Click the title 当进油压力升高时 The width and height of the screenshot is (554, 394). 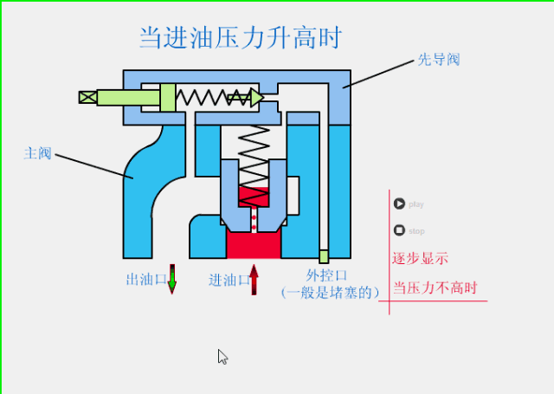240,37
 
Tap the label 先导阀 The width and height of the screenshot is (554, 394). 438,60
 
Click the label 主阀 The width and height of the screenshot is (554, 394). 37,153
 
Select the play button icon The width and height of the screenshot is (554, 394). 399,204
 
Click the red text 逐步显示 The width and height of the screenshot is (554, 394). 420,258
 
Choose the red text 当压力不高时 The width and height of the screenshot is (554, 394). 435,287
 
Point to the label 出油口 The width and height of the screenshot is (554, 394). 145,279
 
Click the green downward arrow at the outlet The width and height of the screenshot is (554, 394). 171,279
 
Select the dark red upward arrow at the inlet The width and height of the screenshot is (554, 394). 254,279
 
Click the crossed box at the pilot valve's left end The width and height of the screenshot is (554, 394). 87,97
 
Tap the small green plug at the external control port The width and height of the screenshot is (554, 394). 324,256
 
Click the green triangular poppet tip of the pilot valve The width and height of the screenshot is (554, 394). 257,97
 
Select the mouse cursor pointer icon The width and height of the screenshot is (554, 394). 222,356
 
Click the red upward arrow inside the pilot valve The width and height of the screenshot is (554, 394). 255,96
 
